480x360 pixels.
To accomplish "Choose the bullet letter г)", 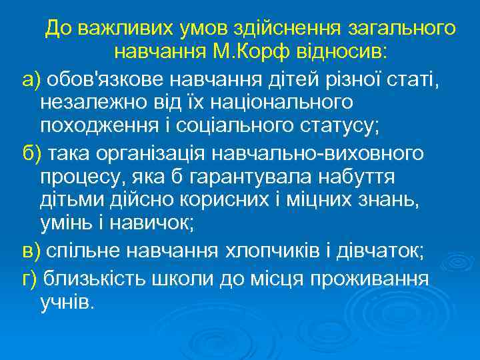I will click(29, 276).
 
